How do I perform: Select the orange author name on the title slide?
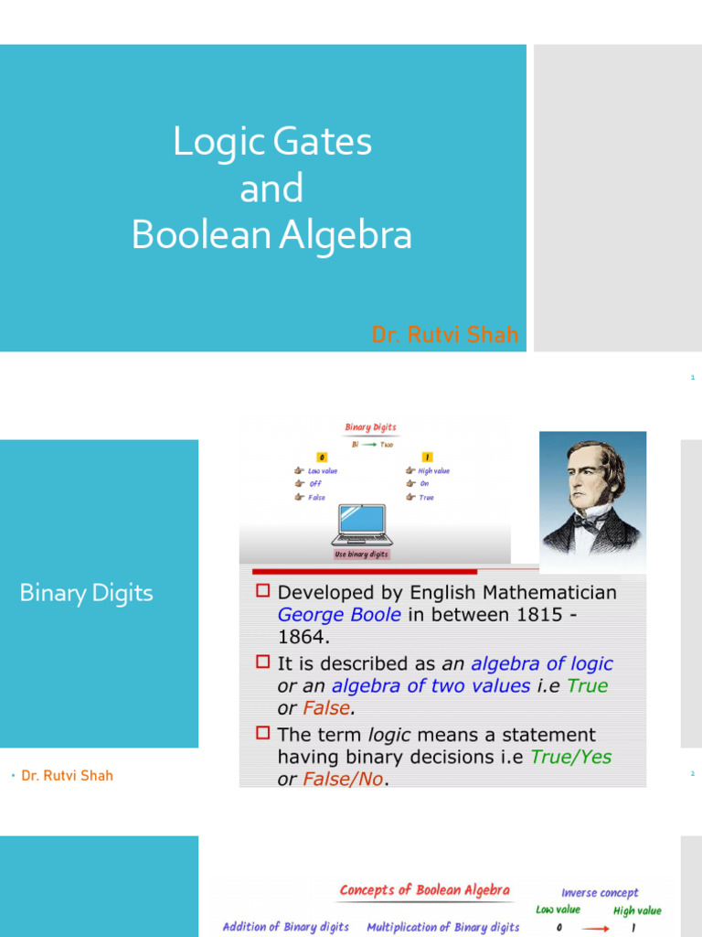444,335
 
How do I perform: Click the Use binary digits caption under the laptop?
361,555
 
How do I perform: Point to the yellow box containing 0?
322,457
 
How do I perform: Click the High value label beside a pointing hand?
434,471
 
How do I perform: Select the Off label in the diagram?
315,484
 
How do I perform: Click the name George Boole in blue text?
339,615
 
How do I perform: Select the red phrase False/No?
339,780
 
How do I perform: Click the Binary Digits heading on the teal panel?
86,593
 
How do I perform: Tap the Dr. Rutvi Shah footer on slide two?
67,776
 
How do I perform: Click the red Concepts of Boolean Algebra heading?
424,890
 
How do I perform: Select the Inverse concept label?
600,893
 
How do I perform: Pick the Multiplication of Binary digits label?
442,927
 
